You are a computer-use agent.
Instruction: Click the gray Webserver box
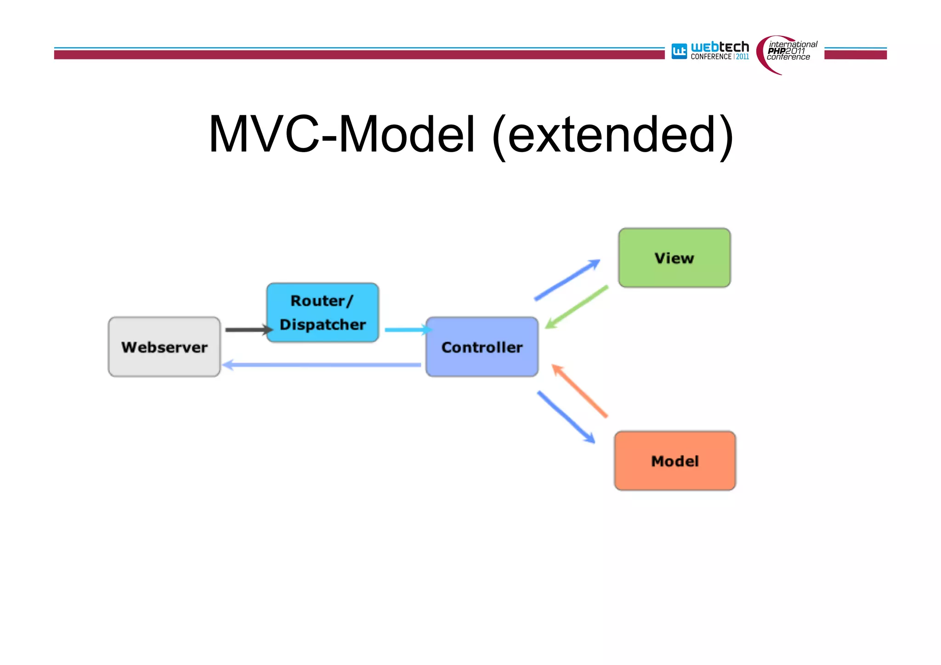click(x=164, y=347)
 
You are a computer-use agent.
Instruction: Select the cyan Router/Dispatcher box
click(x=323, y=313)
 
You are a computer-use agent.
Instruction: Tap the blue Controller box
click(x=482, y=347)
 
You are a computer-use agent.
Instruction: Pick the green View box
click(x=674, y=258)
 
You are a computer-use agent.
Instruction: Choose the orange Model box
click(x=675, y=461)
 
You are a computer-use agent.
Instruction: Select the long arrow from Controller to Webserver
click(x=322, y=365)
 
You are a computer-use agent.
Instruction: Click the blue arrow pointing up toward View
click(x=567, y=280)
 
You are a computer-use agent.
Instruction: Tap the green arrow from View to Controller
click(x=577, y=307)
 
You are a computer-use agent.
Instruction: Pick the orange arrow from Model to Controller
click(x=580, y=391)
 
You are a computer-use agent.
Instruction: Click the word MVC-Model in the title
click(x=342, y=134)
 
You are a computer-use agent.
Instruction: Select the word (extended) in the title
click(x=612, y=136)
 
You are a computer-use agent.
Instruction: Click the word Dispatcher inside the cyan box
click(x=323, y=324)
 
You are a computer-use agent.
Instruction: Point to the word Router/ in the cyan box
click(x=322, y=301)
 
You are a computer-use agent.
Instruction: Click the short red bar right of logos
click(x=855, y=55)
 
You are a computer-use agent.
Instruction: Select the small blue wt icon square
click(x=679, y=51)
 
